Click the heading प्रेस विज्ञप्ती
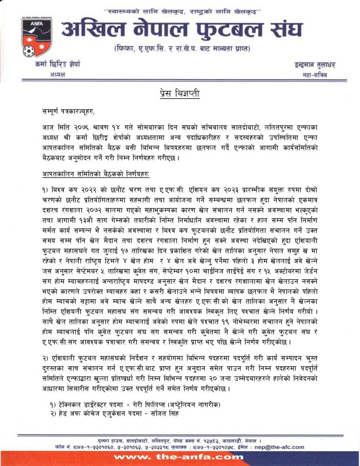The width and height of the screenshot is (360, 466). coord(180,94)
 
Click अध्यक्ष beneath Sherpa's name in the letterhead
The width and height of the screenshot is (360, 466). coord(58,74)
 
